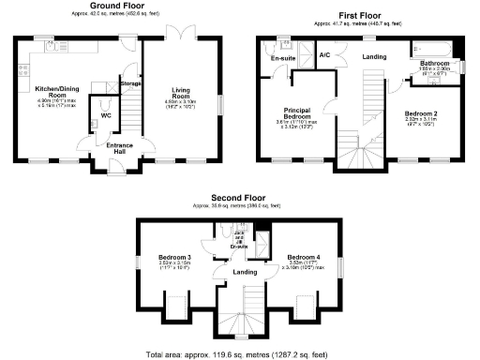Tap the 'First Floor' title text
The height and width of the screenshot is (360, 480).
click(359, 13)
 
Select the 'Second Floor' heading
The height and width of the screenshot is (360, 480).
click(238, 200)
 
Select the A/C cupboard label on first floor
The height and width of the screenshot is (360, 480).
click(324, 55)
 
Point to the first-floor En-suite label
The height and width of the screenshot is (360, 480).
click(284, 59)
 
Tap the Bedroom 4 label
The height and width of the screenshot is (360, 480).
click(304, 257)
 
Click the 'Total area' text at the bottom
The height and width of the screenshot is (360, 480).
click(239, 354)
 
